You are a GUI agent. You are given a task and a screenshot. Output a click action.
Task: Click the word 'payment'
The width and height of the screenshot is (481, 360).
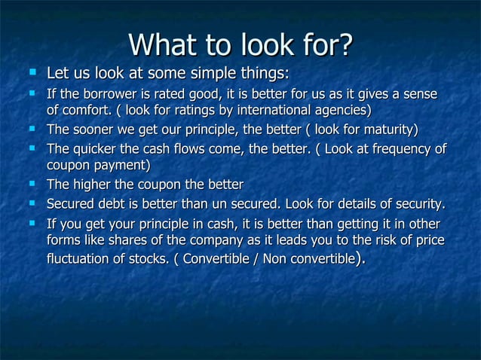(x=120, y=164)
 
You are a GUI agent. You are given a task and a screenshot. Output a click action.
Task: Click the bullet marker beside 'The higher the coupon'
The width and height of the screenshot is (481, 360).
(x=32, y=183)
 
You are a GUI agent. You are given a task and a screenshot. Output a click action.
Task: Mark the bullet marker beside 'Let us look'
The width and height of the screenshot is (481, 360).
(x=32, y=73)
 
